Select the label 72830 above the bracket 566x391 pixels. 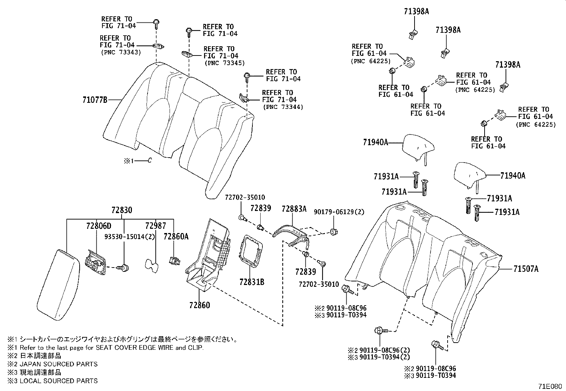click(122, 210)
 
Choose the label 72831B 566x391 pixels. click(252, 282)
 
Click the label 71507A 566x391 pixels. click(526, 269)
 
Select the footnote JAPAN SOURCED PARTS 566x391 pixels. click(58, 364)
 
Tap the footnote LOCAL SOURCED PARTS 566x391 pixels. click(58, 381)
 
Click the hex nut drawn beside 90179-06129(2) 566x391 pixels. click(334, 232)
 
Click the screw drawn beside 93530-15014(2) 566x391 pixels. click(124, 267)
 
